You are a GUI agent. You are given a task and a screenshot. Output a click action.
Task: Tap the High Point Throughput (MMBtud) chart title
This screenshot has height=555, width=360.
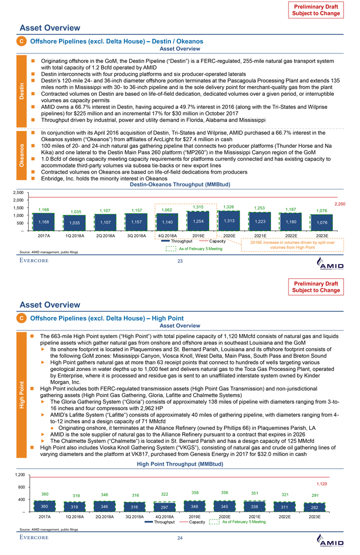(180, 464)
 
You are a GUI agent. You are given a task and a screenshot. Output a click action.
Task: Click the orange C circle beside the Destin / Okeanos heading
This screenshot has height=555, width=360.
(24, 40)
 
